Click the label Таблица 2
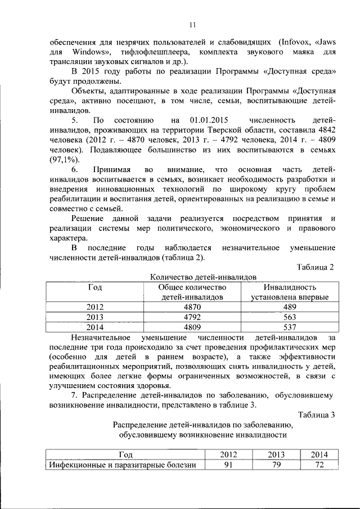(315, 267)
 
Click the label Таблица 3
(316, 415)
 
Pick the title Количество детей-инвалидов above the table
(204, 277)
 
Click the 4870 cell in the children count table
(192, 307)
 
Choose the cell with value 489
(289, 307)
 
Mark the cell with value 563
(289, 317)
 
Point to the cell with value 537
(289, 326)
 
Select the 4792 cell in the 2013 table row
(192, 317)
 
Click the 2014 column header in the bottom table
(319, 454)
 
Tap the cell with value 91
(228, 465)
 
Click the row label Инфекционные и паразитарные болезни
(122, 465)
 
